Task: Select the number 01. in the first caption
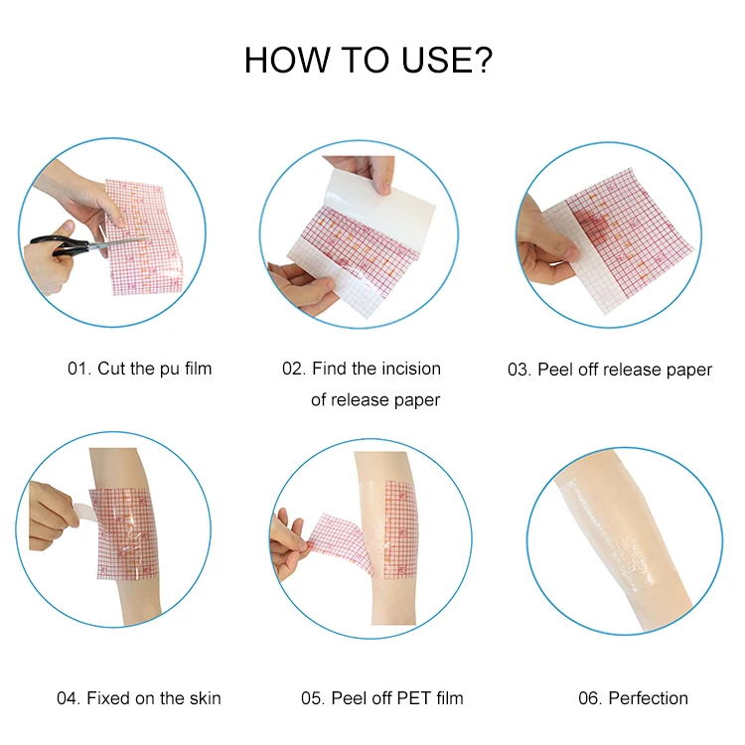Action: [78, 369]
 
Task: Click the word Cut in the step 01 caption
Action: [111, 369]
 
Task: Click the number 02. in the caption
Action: [294, 369]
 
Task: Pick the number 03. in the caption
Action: [519, 370]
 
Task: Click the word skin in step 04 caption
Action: [206, 698]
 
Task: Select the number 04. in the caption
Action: [69, 698]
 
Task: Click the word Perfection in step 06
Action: [648, 698]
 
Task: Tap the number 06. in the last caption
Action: [590, 698]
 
